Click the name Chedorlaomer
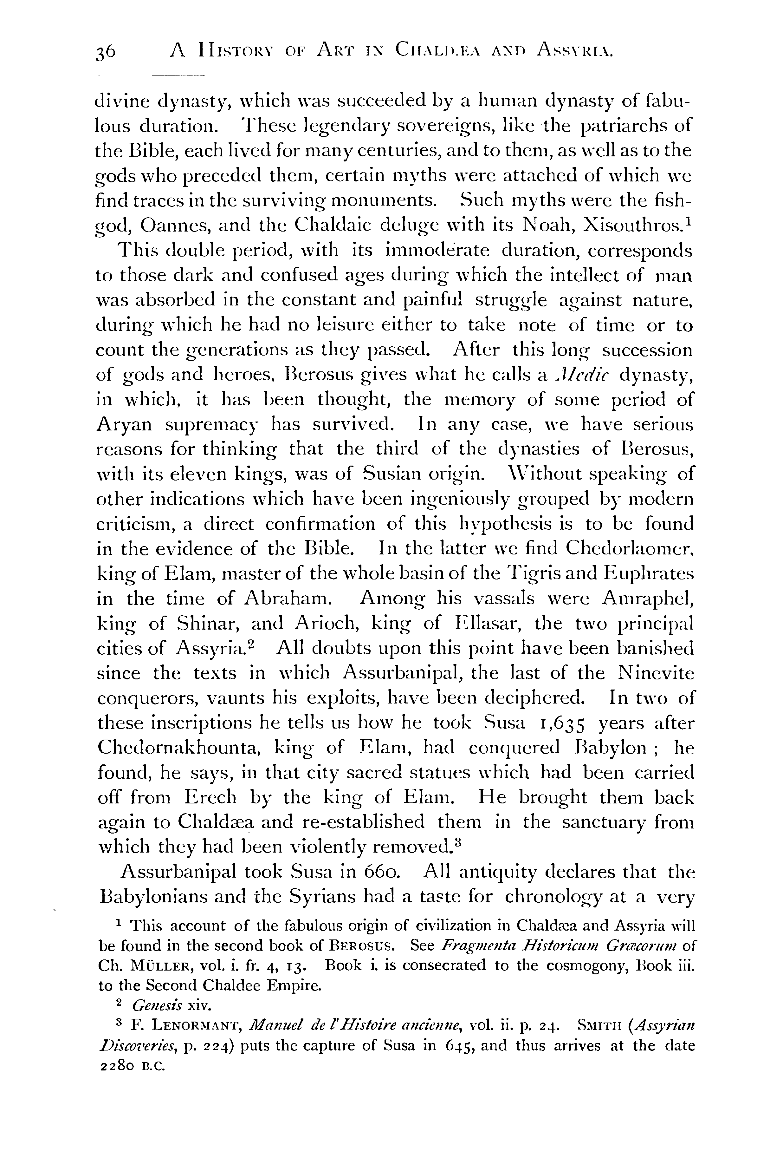[629, 548]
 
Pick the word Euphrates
[649, 573]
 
